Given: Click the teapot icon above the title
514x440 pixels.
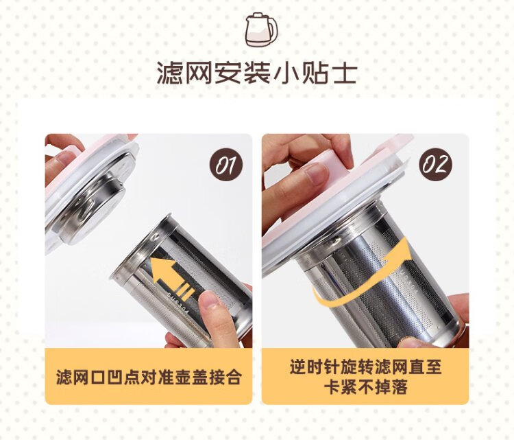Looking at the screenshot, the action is click(261, 30).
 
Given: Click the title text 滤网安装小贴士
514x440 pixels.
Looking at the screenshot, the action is click(257, 73).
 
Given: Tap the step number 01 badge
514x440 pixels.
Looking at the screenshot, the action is click(226, 164).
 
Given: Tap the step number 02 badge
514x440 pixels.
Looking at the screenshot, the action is click(435, 164).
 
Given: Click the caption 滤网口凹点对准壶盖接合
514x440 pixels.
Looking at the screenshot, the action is click(149, 378).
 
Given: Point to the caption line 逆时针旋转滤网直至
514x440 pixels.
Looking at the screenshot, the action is click(365, 367).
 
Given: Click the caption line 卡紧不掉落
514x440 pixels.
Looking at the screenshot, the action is click(365, 386).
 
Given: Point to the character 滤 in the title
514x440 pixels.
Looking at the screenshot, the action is click(169, 73).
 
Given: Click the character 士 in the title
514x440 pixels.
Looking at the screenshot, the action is click(344, 73).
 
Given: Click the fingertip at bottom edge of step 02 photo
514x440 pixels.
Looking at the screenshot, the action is click(411, 343).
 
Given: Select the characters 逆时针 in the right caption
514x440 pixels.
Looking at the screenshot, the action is click(313, 367).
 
